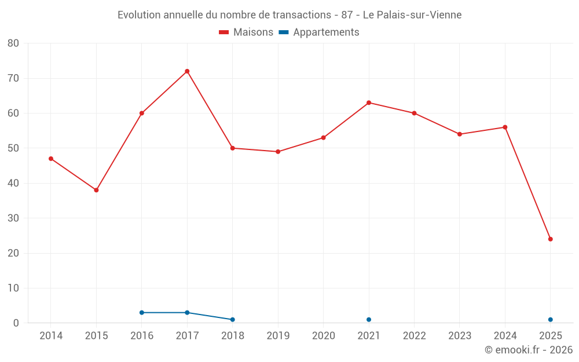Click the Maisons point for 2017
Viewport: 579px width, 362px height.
coord(187,71)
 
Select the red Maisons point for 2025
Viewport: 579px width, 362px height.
coord(551,239)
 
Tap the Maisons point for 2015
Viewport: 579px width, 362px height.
coord(96,190)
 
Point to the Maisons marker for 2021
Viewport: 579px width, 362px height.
coord(369,103)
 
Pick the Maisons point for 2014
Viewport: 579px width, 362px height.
coord(51,159)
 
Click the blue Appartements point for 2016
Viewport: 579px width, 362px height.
coord(142,313)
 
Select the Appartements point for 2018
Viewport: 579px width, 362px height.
coord(233,320)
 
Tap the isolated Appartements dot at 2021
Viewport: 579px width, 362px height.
coord(369,320)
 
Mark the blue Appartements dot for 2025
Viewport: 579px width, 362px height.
coord(551,320)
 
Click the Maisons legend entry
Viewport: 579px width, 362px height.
coord(246,32)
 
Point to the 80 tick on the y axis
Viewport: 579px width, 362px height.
coord(13,43)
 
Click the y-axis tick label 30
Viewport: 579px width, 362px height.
coord(13,218)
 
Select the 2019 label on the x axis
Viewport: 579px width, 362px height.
coord(278,336)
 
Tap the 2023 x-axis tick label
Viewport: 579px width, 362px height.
coord(460,336)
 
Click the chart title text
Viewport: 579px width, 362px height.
coord(289,15)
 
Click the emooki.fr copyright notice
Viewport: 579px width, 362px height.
coord(529,350)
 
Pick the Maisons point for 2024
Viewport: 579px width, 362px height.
coord(505,127)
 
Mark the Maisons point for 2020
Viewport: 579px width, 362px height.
coord(324,138)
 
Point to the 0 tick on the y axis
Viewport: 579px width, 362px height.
coord(16,323)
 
